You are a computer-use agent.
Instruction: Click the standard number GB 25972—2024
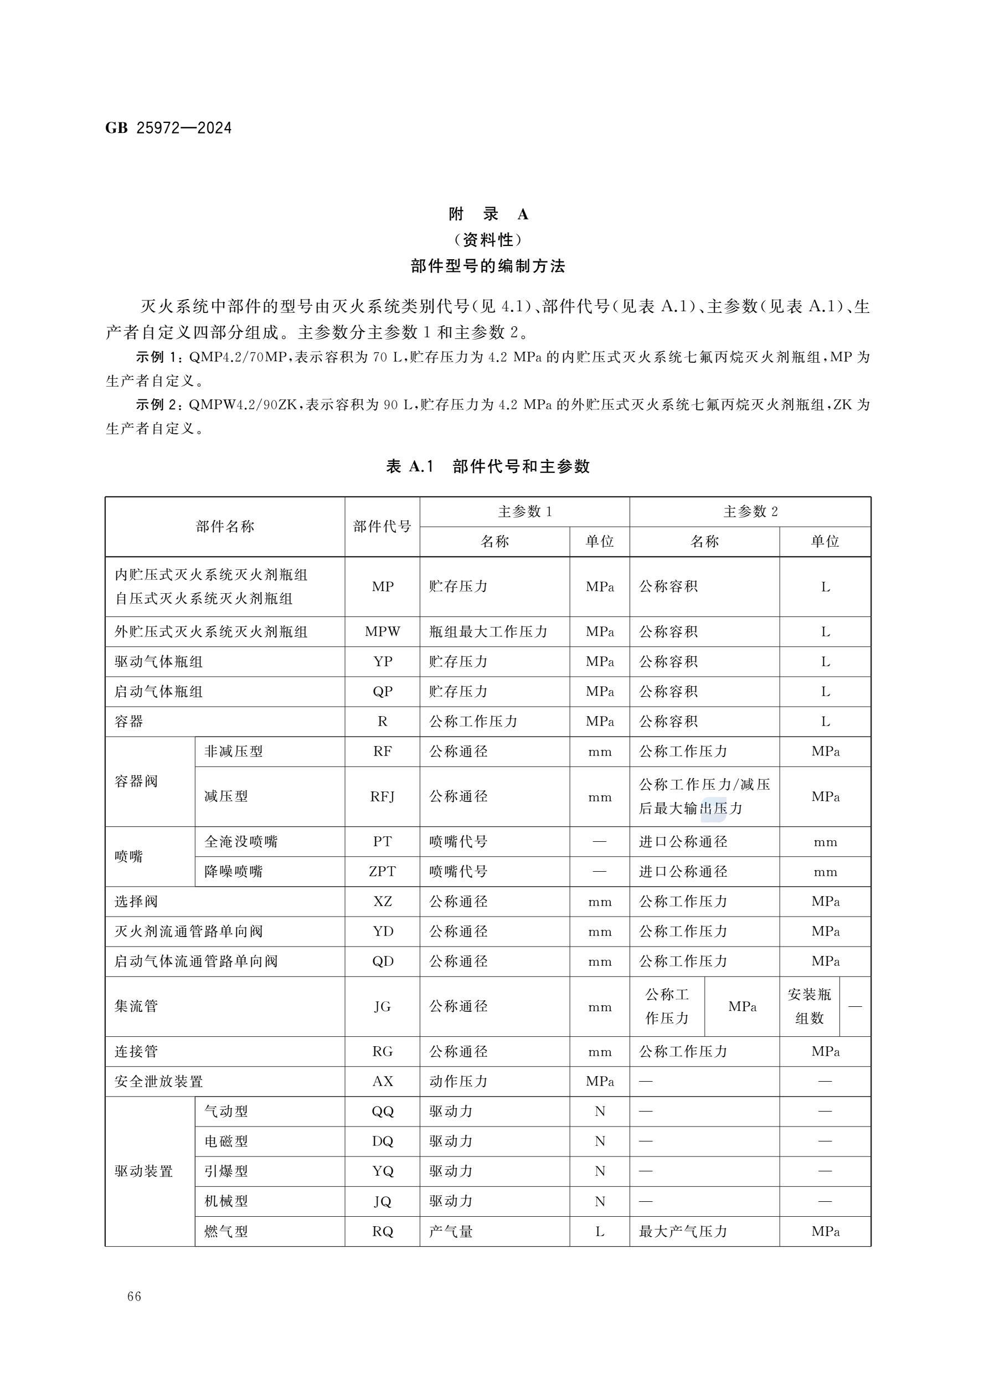point(168,128)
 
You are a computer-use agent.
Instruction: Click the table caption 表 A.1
point(409,466)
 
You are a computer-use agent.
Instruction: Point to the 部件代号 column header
point(382,527)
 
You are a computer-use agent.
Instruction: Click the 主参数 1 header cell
point(524,512)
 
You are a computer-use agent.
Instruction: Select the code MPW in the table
point(382,632)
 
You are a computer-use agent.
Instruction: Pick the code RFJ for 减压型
point(382,796)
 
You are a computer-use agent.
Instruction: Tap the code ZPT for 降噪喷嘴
point(382,871)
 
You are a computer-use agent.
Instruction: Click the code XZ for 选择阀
point(382,901)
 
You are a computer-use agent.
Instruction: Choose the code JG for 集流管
point(382,1006)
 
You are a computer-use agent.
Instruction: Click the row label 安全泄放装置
point(158,1081)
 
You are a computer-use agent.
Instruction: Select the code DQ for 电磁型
point(382,1141)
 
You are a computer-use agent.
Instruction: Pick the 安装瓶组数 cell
point(808,1006)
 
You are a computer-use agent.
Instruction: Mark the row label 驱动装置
point(144,1171)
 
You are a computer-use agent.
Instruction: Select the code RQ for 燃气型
point(382,1231)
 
